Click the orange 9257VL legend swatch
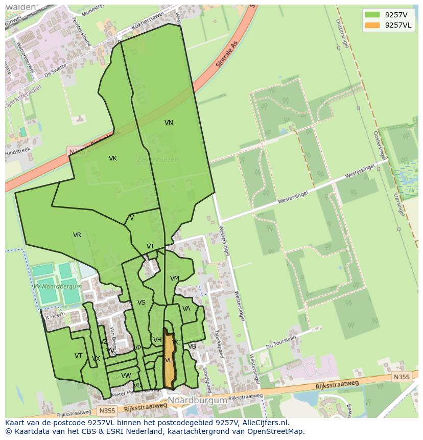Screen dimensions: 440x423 [372, 26]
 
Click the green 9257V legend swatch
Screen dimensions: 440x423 [372, 15]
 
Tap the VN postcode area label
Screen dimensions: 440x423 [169, 123]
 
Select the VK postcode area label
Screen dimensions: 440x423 [113, 158]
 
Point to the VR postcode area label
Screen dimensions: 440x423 [77, 235]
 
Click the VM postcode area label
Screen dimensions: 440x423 [175, 279]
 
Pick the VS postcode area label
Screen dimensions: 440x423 [142, 303]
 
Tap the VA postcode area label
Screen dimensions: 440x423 [186, 309]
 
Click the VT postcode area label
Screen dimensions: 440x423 [78, 356]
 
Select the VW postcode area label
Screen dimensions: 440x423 [126, 376]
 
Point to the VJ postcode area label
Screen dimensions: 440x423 [150, 246]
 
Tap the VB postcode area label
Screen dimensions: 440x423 [192, 346]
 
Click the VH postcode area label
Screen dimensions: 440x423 [157, 340]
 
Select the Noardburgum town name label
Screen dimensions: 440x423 [197, 401]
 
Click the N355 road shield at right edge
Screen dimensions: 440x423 [402, 377]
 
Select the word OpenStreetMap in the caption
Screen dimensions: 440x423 [277, 431]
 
